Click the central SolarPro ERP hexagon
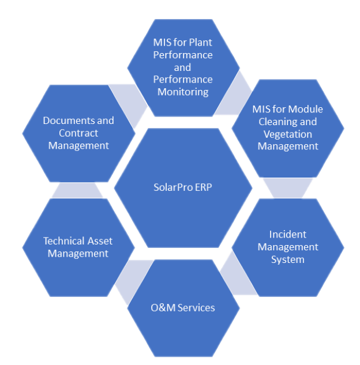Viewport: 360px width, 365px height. tap(183, 188)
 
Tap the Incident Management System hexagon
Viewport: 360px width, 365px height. tap(288, 247)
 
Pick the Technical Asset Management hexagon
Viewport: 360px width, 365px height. tap(78, 247)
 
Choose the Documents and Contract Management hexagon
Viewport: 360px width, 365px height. tap(78, 133)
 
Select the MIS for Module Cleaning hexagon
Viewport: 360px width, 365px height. tap(288, 127)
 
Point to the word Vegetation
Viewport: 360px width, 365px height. tap(288, 134)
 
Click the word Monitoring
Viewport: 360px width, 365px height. tap(183, 92)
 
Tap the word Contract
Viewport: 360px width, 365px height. tap(78, 133)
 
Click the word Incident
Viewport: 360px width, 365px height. tap(288, 235)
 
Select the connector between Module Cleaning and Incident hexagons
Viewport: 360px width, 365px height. tap(288, 187)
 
